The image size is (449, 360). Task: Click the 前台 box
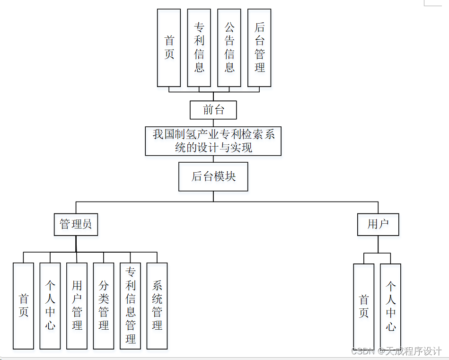point(213,110)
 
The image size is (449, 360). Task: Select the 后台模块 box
point(213,177)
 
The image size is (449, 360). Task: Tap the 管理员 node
point(76,224)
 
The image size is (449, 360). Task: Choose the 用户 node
point(378,224)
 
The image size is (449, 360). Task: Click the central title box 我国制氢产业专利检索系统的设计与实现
point(213,140)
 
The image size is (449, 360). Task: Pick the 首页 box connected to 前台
point(169,47)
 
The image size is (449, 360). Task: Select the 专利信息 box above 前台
point(199,47)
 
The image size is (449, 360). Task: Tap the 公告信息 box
point(229,47)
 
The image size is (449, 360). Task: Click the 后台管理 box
point(259,47)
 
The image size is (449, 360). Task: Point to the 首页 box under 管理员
point(23,306)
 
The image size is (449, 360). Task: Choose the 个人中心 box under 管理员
point(50,306)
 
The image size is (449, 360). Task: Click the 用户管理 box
point(77,306)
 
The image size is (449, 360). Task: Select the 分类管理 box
point(104,306)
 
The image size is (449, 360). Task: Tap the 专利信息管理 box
point(131,306)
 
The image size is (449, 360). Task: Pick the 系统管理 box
point(157,306)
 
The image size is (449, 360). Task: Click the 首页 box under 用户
point(364,306)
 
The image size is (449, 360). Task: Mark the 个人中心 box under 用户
point(391,306)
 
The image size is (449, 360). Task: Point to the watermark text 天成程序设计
point(413,351)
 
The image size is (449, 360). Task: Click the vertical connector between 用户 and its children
point(378,244)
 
